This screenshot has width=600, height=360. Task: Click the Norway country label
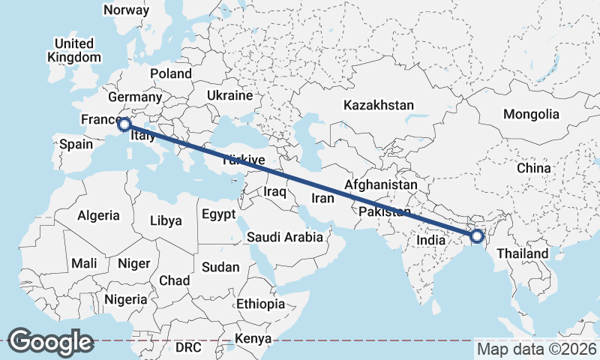coord(126,10)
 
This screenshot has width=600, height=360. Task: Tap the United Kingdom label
coord(73,50)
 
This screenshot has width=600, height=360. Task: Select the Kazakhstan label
coord(379,105)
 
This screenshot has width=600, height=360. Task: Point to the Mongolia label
coord(531,114)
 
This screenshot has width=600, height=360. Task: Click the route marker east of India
coord(477,237)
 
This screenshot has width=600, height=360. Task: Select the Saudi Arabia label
coord(285,237)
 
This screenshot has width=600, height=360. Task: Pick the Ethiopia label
coord(260,304)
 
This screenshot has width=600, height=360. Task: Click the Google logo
coord(50,341)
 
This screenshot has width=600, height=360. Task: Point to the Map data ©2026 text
coord(536,349)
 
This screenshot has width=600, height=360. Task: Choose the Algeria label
coord(98,215)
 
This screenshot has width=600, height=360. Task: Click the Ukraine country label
coord(229,96)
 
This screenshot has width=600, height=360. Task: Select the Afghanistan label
coord(380,184)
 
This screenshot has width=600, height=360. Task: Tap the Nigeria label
coord(125,298)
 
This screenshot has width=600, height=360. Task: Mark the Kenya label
coord(253,339)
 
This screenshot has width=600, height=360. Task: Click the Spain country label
coord(76,144)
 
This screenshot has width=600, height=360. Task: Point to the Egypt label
coord(219,214)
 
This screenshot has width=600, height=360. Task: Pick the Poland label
coord(171,73)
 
